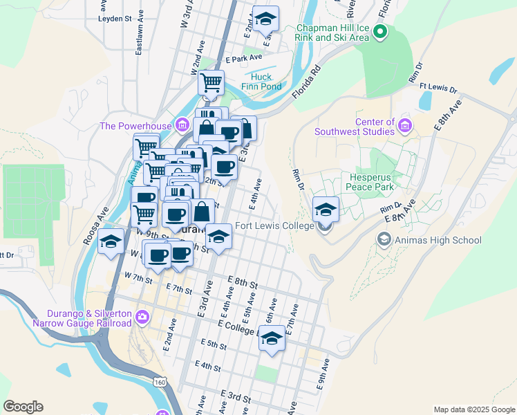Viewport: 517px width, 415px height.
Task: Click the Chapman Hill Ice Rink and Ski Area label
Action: (x=332, y=33)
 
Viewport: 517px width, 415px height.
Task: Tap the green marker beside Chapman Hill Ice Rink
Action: (x=380, y=32)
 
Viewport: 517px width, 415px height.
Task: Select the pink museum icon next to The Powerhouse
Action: (x=182, y=124)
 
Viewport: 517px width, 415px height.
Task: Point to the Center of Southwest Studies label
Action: (x=355, y=126)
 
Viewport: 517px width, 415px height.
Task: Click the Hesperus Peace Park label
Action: (x=370, y=182)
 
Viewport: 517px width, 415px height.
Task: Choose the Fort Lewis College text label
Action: (x=274, y=226)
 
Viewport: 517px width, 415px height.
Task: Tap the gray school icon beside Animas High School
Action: (x=384, y=239)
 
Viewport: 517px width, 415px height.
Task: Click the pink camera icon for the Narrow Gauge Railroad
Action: (x=142, y=317)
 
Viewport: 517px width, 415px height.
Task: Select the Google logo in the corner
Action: (x=23, y=407)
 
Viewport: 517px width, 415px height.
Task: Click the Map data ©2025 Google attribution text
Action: (x=473, y=409)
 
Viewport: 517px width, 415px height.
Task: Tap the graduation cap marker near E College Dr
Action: (x=272, y=339)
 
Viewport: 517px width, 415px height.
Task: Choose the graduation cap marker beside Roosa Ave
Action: (x=111, y=243)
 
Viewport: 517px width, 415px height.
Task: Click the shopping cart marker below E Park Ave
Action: (x=211, y=82)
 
